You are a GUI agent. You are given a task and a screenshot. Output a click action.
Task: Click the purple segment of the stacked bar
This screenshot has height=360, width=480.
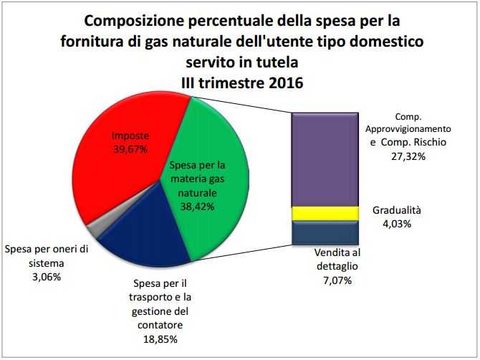click(325, 158)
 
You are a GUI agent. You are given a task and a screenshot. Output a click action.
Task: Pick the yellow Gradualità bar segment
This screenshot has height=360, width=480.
click(325, 213)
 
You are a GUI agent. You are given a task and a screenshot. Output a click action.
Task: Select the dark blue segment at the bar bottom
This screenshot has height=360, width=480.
click(325, 232)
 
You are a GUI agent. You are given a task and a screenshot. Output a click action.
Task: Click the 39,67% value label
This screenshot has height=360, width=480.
click(129, 149)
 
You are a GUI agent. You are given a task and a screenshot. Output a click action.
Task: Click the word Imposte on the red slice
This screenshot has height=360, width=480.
click(129, 136)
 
